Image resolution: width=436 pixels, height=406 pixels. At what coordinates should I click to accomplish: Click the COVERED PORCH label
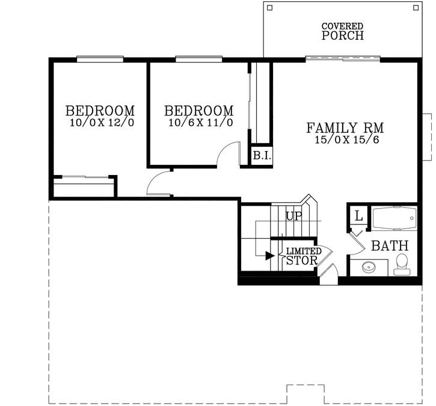click(x=342, y=31)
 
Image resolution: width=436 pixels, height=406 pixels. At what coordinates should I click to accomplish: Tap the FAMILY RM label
click(x=345, y=128)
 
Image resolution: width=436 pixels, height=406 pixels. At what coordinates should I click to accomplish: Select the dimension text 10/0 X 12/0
click(x=101, y=123)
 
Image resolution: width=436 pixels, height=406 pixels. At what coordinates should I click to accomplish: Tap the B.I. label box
click(x=262, y=156)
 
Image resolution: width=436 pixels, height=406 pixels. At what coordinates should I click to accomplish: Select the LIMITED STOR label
click(x=303, y=256)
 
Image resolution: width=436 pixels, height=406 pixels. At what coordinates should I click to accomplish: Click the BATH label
click(x=389, y=246)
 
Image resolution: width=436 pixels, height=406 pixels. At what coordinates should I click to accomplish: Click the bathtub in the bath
click(x=394, y=218)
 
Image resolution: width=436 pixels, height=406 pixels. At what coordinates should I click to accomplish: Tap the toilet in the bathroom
click(x=402, y=264)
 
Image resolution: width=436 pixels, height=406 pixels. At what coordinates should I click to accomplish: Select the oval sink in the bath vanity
click(x=368, y=266)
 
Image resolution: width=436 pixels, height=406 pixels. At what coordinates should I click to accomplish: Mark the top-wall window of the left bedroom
click(x=100, y=59)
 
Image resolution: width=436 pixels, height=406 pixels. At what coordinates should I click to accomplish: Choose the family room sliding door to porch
click(x=343, y=59)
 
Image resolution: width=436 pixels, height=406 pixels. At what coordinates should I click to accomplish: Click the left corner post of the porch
click(x=269, y=8)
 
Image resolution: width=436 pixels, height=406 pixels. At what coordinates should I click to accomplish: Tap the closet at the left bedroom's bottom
click(x=84, y=187)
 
